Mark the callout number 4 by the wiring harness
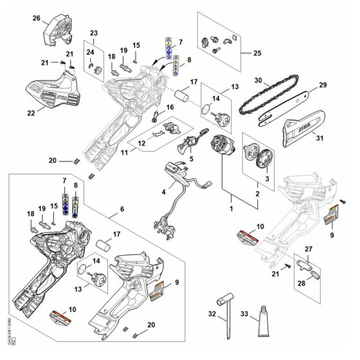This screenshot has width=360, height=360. tap(163, 192)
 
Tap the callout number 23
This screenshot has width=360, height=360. tap(94, 33)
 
